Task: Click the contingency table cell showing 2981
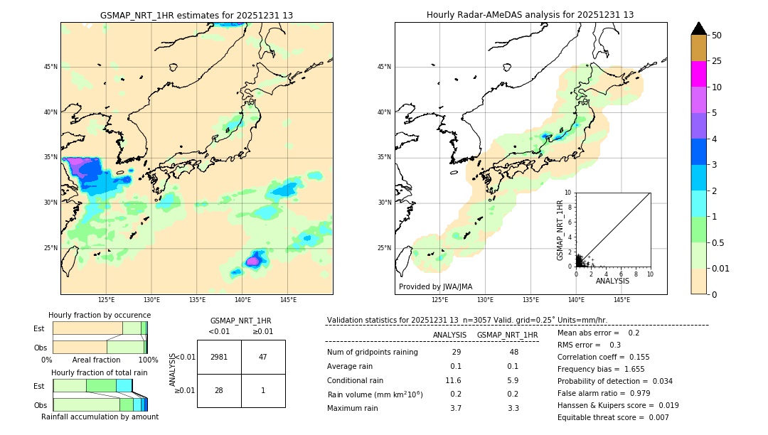pyautogui.click(x=219, y=357)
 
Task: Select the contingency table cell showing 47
pyautogui.click(x=263, y=357)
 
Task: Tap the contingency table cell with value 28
pyautogui.click(x=219, y=390)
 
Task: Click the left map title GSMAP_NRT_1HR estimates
pyautogui.click(x=196, y=15)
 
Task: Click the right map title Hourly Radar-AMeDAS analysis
pyautogui.click(x=530, y=15)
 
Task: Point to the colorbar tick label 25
pyautogui.click(x=717, y=61)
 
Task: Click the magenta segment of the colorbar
pyautogui.click(x=698, y=74)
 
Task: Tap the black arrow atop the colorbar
pyautogui.click(x=698, y=28)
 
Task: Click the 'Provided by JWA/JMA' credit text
pyautogui.click(x=435, y=286)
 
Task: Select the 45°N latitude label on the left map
pyautogui.click(x=50, y=67)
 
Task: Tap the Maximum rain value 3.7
pyautogui.click(x=455, y=408)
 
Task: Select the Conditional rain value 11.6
pyautogui.click(x=454, y=380)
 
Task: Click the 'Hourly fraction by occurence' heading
pyautogui.click(x=100, y=315)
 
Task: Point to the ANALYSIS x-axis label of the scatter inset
pyautogui.click(x=612, y=281)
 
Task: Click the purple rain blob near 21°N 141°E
pyautogui.click(x=252, y=262)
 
